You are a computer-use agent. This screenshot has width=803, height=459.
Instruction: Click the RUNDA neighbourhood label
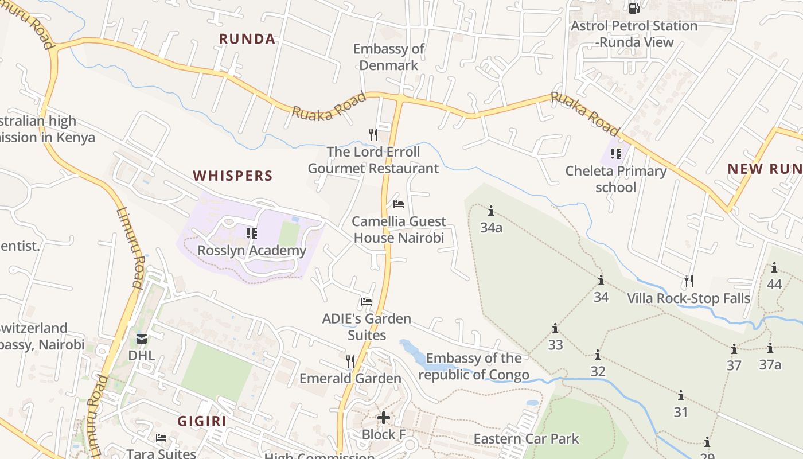[247, 39]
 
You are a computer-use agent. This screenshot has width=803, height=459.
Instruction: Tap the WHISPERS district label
[232, 176]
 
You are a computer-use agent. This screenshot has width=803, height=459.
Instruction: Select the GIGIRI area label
[201, 421]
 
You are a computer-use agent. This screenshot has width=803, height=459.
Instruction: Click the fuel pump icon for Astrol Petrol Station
[634, 9]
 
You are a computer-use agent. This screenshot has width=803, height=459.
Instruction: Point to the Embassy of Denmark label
[389, 57]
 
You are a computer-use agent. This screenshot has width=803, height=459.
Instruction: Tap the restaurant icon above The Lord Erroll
[373, 135]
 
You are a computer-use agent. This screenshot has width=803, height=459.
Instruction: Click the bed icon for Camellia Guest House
[399, 204]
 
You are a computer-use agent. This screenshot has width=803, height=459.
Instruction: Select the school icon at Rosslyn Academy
[252, 233]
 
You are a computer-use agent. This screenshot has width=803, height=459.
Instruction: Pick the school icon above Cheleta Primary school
[616, 153]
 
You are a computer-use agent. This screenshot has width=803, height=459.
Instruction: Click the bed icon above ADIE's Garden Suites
[367, 301]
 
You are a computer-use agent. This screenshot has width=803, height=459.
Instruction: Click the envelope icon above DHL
[142, 339]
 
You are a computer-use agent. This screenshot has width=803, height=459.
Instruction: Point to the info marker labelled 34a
[491, 211]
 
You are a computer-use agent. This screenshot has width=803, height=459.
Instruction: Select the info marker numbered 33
[555, 329]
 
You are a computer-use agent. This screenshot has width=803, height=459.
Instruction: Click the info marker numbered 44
[774, 267]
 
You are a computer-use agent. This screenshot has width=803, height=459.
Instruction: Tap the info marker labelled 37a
[770, 348]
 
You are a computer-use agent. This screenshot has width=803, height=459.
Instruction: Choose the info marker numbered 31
[681, 396]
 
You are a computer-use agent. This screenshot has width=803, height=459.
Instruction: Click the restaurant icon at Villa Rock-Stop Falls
[689, 281]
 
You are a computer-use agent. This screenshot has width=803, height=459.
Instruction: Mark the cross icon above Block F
[384, 417]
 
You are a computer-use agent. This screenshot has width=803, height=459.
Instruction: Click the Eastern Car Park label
[526, 439]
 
